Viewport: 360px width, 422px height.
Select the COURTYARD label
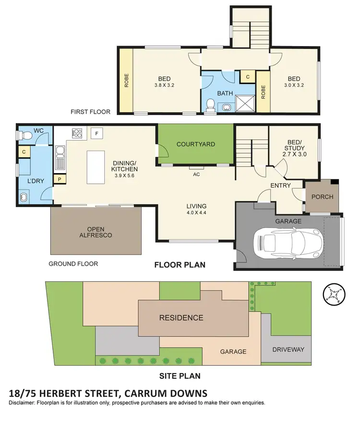[x=195, y=144]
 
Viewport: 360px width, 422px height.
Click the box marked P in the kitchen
[x=60, y=179]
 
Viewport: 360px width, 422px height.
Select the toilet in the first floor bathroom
[x=209, y=105]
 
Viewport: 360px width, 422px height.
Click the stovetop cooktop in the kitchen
[x=77, y=132]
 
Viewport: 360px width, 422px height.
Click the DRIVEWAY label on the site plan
[x=288, y=350]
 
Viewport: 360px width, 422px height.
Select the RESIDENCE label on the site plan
[x=181, y=317]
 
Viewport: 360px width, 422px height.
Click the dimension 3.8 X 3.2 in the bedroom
[x=164, y=85]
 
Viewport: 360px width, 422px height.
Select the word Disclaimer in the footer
[x=24, y=403]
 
